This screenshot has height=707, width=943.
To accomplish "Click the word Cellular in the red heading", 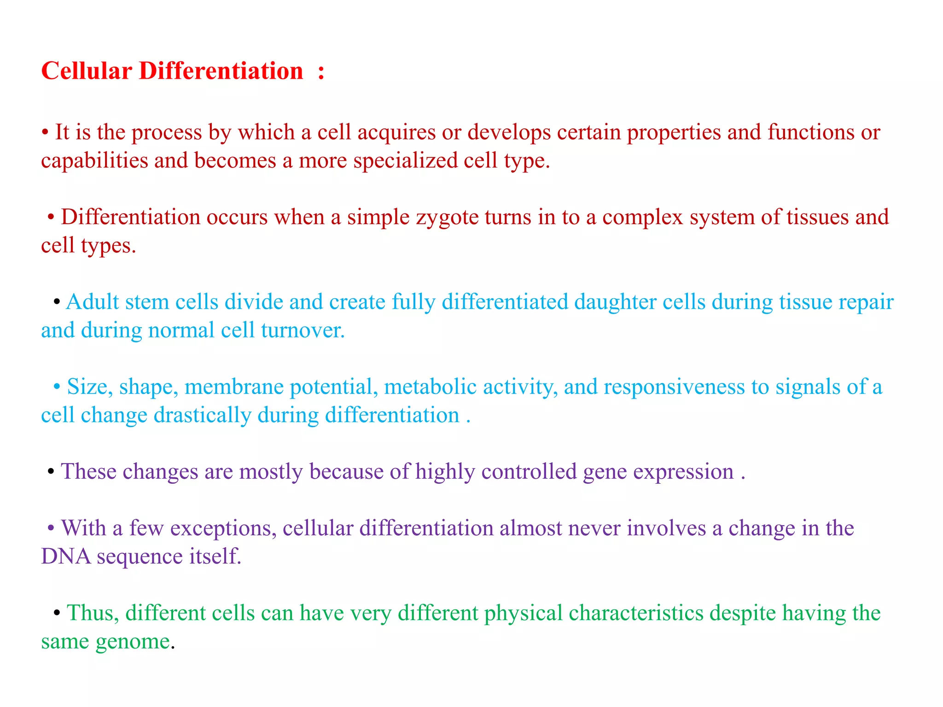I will tap(87, 71).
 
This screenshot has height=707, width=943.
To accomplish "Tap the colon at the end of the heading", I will tap(321, 73).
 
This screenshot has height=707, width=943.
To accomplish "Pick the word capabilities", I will tap(94, 161).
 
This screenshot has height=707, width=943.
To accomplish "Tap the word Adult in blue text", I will tap(92, 302).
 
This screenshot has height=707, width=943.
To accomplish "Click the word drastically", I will tap(202, 416).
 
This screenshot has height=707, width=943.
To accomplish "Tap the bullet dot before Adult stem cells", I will tap(57, 303).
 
